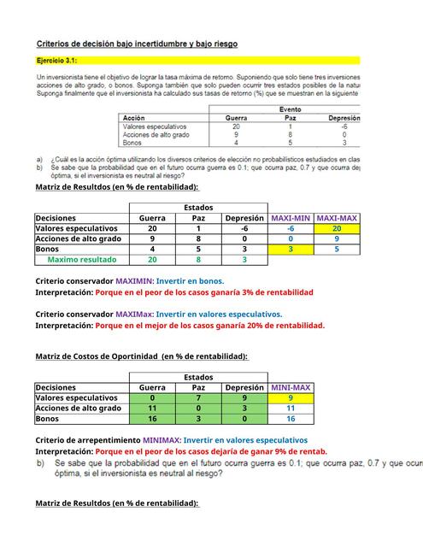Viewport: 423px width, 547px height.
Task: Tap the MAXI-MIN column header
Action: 290,218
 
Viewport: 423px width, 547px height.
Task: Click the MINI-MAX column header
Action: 291,387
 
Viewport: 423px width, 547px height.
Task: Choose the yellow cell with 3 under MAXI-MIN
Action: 291,249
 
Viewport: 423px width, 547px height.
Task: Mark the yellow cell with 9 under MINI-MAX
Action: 291,397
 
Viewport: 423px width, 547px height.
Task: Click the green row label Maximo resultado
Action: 82,259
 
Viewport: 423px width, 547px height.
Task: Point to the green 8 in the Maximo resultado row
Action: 197,259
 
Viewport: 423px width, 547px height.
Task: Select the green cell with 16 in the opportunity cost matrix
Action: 152,419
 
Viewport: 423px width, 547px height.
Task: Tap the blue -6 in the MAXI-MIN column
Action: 291,228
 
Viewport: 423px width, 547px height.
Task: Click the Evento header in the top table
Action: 291,109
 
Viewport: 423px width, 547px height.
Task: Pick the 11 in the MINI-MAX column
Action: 291,409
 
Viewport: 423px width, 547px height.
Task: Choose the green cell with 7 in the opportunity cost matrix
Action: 197,397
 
